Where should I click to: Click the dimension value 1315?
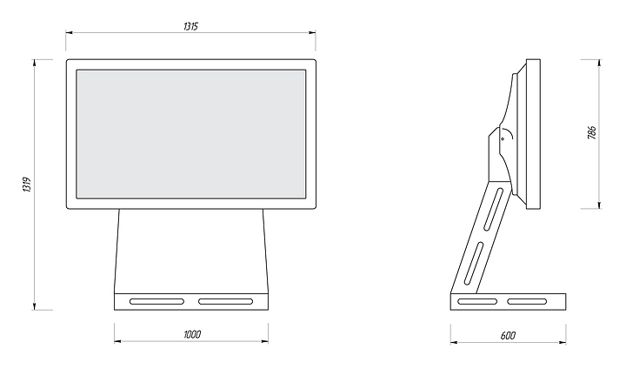point(191,27)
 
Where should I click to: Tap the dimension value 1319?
point(27,184)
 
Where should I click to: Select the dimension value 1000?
point(192,334)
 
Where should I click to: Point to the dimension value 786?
point(592,133)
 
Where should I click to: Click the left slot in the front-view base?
point(156,302)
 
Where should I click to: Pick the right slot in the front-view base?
point(226,302)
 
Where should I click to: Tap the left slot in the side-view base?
point(477,302)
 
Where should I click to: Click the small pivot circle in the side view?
point(502,137)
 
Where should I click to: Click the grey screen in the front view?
point(191,133)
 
